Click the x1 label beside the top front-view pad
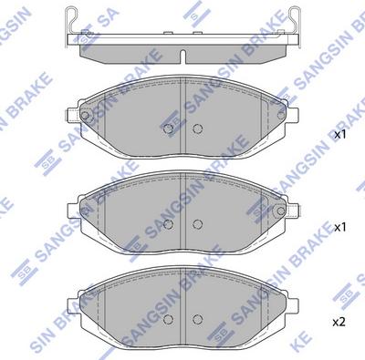(x=340, y=135)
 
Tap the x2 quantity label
(x=340, y=322)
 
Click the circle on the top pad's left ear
(x=84, y=116)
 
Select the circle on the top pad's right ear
(x=279, y=116)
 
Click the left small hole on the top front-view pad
(x=166, y=129)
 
